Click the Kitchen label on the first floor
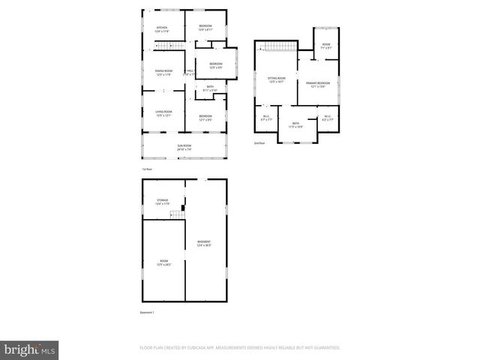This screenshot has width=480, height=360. coord(162,28)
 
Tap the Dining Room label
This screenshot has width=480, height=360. coord(163,73)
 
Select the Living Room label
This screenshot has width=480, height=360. coord(163,114)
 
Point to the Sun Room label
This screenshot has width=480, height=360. coord(184,147)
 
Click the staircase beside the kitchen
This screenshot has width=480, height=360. coord(169,47)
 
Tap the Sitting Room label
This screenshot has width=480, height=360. coord(277,79)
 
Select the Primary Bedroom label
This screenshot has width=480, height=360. coord(317,85)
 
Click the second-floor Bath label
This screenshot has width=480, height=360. coord(295,124)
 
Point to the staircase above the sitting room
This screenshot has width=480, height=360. coord(279,47)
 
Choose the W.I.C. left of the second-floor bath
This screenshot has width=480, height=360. coord(266,118)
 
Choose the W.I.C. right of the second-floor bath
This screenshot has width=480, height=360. coord(327,118)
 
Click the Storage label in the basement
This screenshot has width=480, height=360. coord(163,202)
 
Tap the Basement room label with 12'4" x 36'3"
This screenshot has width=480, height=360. coord(204,243)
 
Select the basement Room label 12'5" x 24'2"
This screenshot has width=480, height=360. coord(163,263)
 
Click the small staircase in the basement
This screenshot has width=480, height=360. coord(177,215)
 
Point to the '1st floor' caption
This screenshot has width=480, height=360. coord(148,169)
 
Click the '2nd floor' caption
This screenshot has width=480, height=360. coord(259,142)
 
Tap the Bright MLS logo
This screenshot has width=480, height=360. coord(30,349)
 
